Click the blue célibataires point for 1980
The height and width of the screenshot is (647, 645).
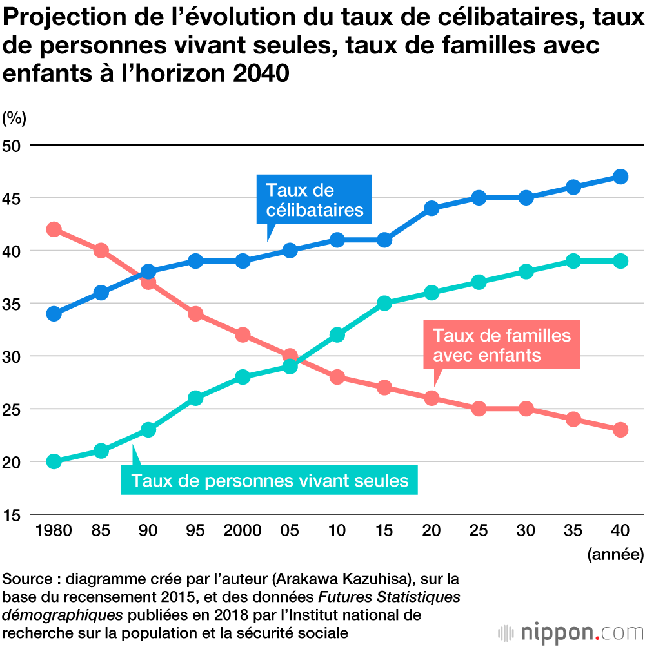54,314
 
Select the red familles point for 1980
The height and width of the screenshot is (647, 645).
54,229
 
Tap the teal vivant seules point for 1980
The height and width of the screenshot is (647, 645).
54,461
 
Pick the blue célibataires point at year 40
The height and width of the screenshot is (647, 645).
620,177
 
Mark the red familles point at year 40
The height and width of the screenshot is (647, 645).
620,430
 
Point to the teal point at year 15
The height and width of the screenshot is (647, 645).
384,304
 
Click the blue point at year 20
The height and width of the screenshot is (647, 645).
432,208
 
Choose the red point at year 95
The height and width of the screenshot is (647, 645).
195,314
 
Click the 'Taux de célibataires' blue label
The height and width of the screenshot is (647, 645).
314,200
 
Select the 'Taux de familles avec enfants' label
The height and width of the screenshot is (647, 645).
501,345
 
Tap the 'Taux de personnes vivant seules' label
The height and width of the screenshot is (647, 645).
270,481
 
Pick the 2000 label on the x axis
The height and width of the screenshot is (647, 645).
243,531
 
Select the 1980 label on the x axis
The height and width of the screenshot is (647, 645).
54,531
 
